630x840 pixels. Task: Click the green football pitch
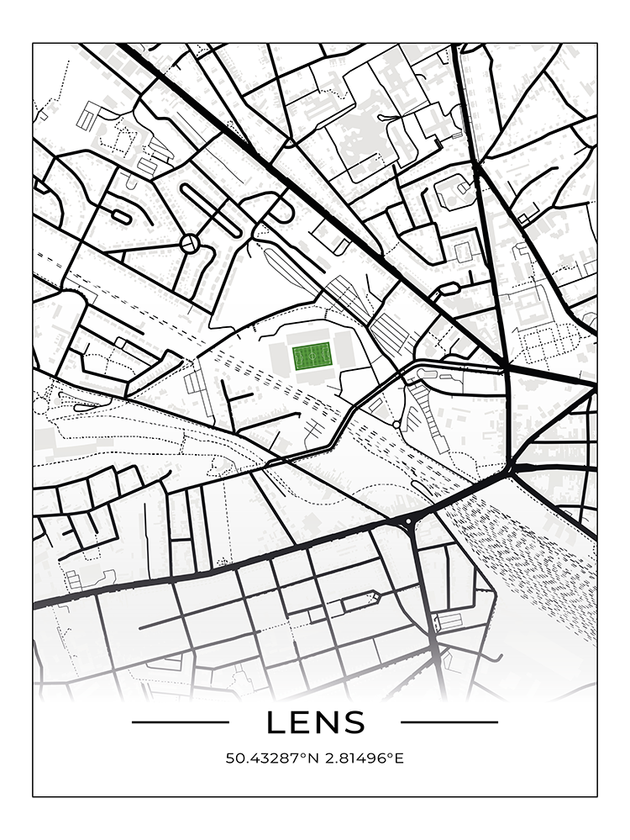coord(312,358)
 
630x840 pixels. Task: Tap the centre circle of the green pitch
coord(312,358)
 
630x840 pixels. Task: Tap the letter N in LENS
coord(327,722)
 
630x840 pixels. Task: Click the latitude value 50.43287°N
coord(270,758)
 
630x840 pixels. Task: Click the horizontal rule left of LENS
coord(181,721)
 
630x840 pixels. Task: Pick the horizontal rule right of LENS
coord(449,721)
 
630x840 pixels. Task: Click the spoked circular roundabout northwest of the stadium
coord(191,244)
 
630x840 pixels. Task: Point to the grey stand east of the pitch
coord(344,353)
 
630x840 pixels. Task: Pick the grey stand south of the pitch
coord(312,378)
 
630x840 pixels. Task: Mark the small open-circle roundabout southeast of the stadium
coord(396,424)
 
